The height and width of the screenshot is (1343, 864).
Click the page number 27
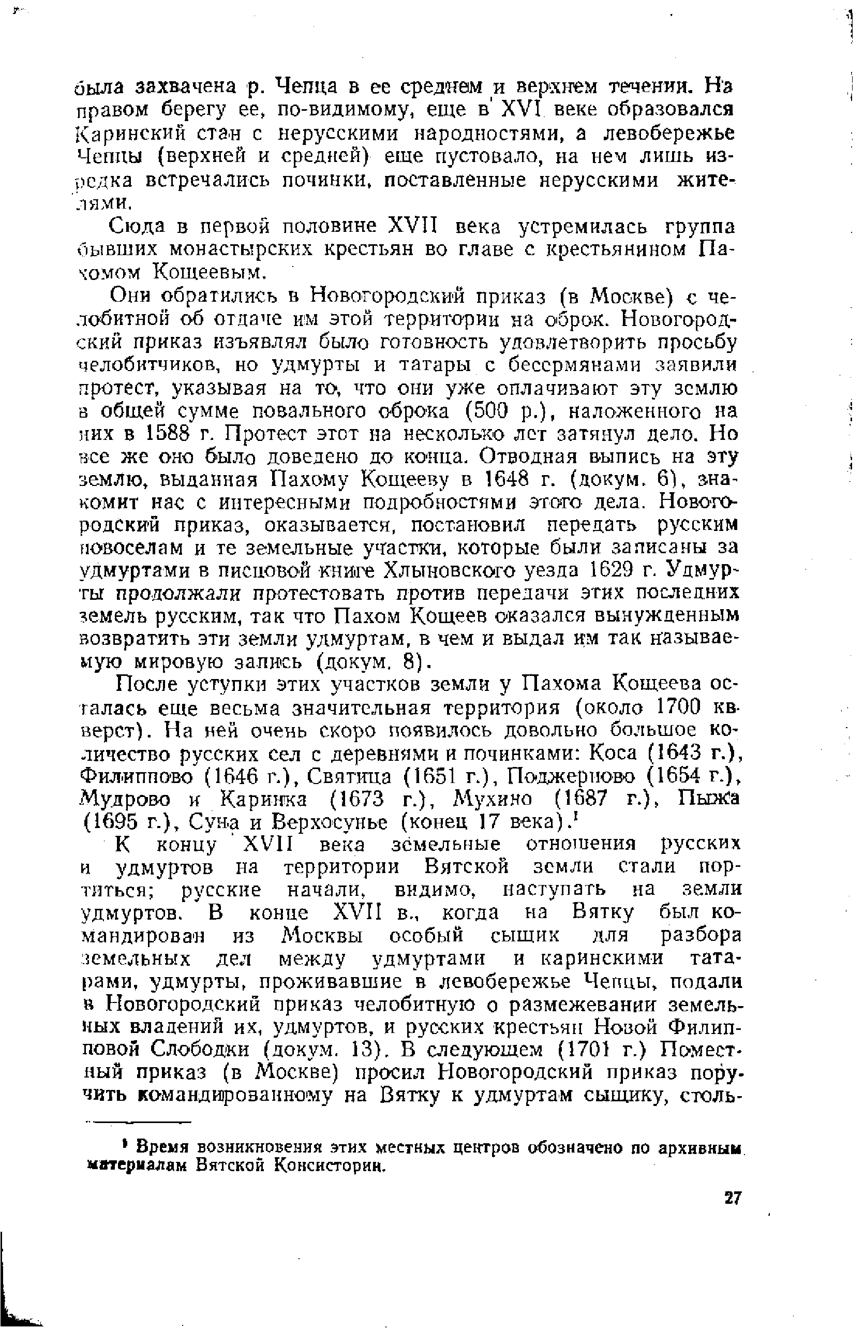coord(732,1199)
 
